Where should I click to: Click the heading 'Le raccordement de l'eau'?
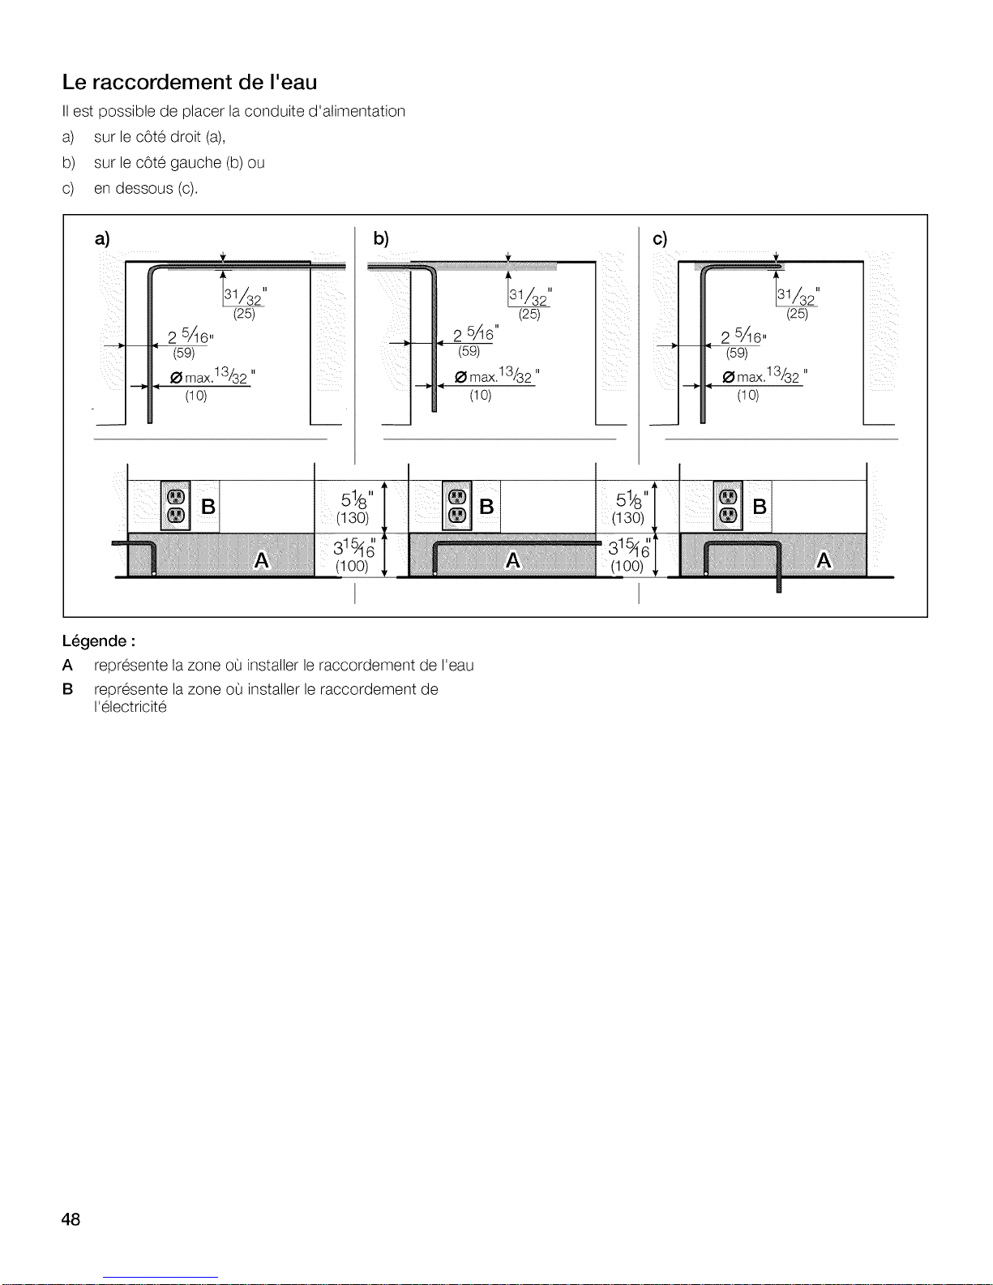(x=190, y=83)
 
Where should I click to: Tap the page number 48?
(x=71, y=1219)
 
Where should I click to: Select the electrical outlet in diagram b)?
(x=456, y=506)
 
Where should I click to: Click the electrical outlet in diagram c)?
(x=727, y=506)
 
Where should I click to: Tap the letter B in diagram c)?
(x=760, y=507)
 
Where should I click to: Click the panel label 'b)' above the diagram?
(x=381, y=238)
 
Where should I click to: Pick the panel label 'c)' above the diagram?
(x=660, y=238)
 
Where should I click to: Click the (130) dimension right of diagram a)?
(x=353, y=518)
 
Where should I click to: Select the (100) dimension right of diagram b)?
(x=627, y=567)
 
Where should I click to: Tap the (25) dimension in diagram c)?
(x=798, y=314)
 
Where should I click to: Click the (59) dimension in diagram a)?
(x=184, y=353)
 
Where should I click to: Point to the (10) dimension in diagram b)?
(x=481, y=395)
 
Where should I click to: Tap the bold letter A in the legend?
(x=67, y=666)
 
